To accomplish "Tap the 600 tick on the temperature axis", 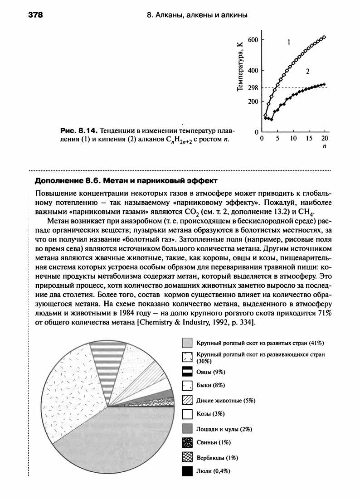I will click(252, 40).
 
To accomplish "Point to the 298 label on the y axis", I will click(252, 87).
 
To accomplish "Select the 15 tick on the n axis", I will click(309, 138).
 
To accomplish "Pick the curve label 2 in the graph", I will click(307, 71).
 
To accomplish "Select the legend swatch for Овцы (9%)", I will click(188, 372).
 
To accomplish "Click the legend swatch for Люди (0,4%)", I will click(188, 471).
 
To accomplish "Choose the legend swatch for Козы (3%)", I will click(188, 414).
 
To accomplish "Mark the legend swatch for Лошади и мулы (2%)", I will click(188, 429).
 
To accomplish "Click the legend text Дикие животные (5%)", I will click(220, 400).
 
